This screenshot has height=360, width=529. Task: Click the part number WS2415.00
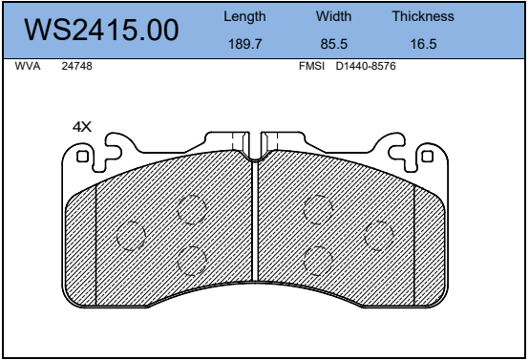[x=101, y=30]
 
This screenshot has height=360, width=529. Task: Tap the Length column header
[x=244, y=16]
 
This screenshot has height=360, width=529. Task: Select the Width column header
[x=333, y=16]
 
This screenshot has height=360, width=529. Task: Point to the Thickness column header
[x=423, y=16]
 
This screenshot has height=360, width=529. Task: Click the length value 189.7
[x=245, y=44]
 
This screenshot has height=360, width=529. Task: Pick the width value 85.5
[x=333, y=44]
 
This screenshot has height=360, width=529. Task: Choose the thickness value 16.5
[x=423, y=44]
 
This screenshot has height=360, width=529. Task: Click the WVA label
[x=28, y=66]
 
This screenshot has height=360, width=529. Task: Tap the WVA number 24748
[x=76, y=66]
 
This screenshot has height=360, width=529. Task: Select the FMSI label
[x=311, y=66]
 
